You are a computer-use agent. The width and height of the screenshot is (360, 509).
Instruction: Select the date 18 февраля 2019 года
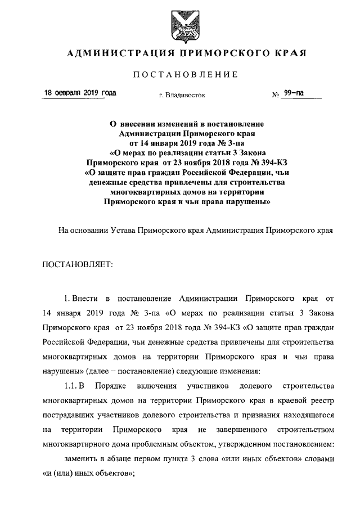click(80, 93)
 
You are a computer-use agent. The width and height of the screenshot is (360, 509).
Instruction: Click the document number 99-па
click(294, 93)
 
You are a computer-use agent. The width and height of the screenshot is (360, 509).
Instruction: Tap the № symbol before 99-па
click(276, 94)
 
